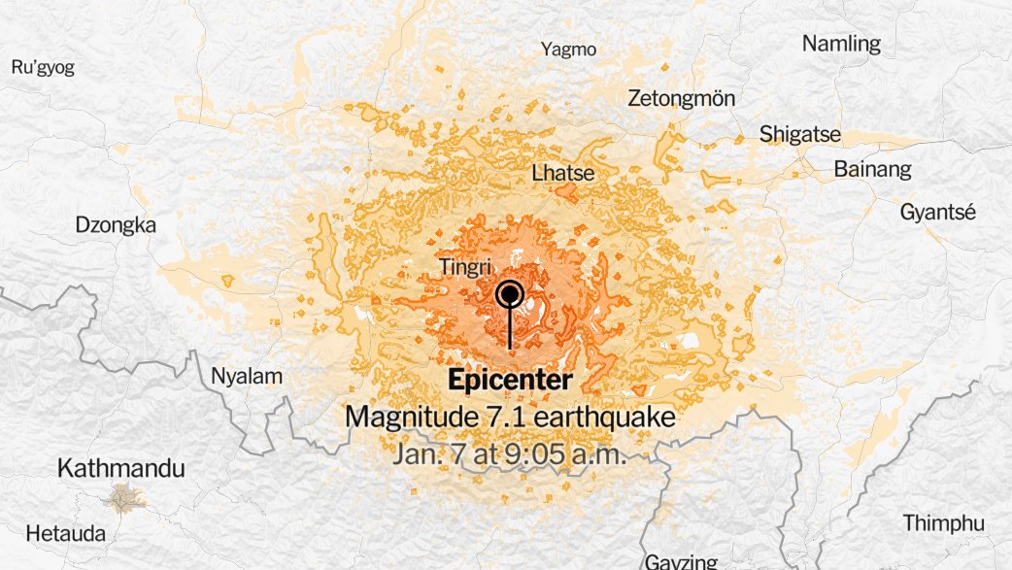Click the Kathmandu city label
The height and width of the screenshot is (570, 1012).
point(120,469)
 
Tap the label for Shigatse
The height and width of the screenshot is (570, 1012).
point(800,135)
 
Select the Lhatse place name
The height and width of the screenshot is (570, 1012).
point(563,173)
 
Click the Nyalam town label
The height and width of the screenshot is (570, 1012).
point(247,376)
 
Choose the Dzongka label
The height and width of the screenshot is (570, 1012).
point(116,225)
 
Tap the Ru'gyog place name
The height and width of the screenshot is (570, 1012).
point(43,67)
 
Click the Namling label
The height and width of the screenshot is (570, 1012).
point(841,44)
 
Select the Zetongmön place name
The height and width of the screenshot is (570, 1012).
point(682,99)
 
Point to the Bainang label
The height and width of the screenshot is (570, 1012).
point(873,169)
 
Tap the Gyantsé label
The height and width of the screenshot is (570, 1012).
point(937,213)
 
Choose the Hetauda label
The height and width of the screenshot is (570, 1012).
point(66,533)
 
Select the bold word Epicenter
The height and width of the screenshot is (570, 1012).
point(510,381)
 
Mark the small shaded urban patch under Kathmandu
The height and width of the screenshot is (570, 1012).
point(123,498)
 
